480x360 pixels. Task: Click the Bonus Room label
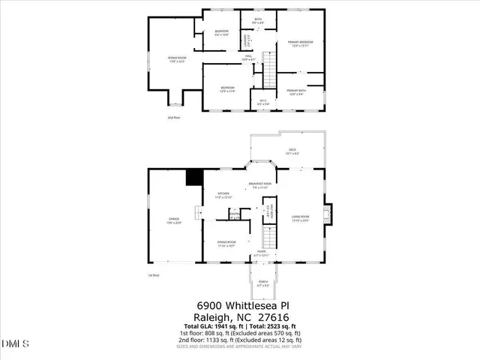pos(177,59)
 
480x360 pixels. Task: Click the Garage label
pos(173,220)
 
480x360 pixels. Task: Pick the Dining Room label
pos(227,242)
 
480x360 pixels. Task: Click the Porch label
pos(262,283)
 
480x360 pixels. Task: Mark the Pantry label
pos(234,214)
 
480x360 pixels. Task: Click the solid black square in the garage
pos(195,177)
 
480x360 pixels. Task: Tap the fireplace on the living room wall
pos(326,214)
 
